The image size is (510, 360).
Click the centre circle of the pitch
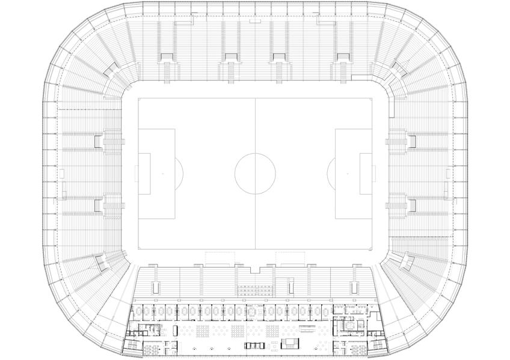(x=255, y=173)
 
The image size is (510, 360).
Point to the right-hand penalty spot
(x=348, y=173)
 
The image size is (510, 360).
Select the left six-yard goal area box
(x=144, y=173)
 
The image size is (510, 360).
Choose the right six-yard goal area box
(x=366, y=173)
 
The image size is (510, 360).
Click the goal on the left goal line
(x=137, y=173)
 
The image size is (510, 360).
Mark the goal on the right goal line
(x=373, y=173)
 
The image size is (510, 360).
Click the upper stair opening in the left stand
(x=98, y=141)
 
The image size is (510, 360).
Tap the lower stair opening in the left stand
(x=98, y=205)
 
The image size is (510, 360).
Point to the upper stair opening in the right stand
(x=412, y=141)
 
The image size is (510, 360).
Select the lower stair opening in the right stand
(x=412, y=205)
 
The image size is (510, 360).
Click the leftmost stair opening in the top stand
(x=166, y=57)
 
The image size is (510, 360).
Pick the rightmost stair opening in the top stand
(x=343, y=57)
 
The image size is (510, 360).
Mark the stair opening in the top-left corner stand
(x=112, y=73)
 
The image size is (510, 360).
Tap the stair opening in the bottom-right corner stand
(x=406, y=260)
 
